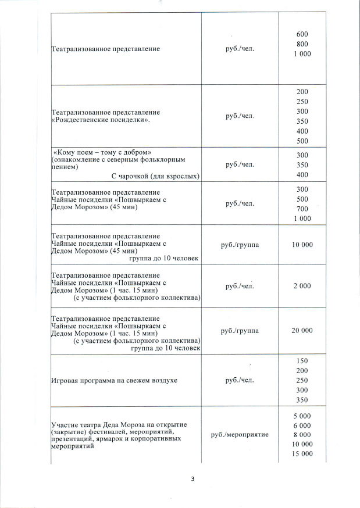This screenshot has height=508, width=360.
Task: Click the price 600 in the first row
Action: [302, 34]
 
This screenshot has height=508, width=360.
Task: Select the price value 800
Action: [302, 44]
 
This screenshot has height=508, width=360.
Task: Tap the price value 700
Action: [302, 209]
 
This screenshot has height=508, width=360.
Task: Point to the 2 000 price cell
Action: [302, 286]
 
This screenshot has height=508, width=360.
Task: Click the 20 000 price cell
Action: [302, 330]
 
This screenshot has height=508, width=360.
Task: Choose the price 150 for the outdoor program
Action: [302, 361]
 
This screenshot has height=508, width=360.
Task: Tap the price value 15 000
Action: [302, 454]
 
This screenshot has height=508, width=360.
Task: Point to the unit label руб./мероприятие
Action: [240, 435]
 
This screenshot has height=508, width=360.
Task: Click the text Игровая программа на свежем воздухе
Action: [114, 380]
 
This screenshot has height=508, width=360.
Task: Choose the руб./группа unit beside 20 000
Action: [240, 330]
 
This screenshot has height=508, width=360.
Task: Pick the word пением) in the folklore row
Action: [65, 167]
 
